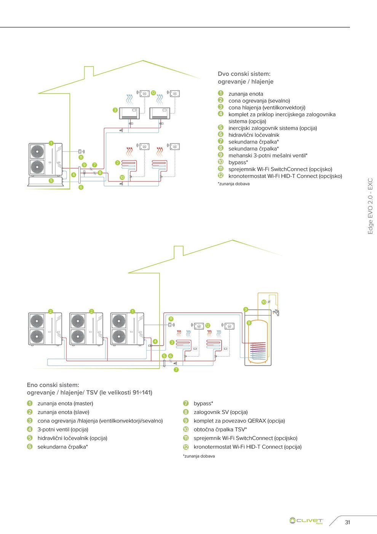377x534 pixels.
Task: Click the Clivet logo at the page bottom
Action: click(x=306, y=521)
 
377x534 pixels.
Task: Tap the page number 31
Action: click(x=347, y=522)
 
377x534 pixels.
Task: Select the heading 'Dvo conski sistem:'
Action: click(x=244, y=74)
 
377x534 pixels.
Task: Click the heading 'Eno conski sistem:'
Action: click(x=53, y=385)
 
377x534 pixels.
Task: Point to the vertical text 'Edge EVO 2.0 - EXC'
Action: click(x=370, y=206)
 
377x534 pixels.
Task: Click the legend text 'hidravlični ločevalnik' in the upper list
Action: click(x=254, y=135)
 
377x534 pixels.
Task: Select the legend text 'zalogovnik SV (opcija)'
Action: click(x=220, y=412)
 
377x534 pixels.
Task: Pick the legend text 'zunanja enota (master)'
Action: click(x=65, y=404)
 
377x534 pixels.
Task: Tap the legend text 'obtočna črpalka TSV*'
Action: click(x=220, y=429)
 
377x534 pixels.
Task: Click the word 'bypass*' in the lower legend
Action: click(x=203, y=404)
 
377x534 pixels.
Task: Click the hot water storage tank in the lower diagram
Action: click(x=258, y=341)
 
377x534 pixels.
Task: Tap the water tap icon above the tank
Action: click(x=276, y=313)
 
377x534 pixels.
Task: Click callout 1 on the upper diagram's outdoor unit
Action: click(x=51, y=143)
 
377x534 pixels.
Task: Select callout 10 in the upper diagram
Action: click(x=122, y=177)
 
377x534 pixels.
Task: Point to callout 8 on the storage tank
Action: click(x=249, y=323)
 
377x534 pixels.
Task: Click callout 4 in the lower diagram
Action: click(x=155, y=341)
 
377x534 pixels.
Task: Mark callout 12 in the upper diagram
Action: click(x=153, y=93)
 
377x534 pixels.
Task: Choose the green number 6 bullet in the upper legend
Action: click(x=220, y=135)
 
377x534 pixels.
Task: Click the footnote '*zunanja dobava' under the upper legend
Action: click(x=233, y=184)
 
